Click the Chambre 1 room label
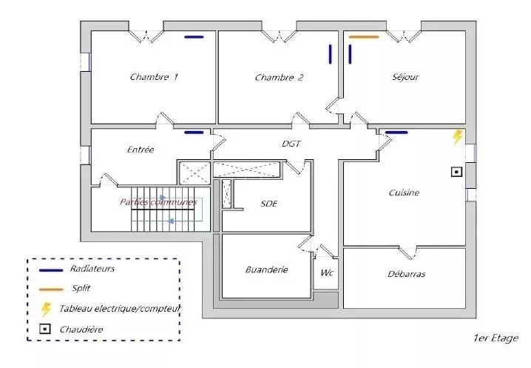tap(154, 77)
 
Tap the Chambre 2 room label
tap(279, 78)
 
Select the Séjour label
tap(405, 77)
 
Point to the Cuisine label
tap(404, 193)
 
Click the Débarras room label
tap(406, 274)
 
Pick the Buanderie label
tap(266, 270)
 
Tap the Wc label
tap(327, 272)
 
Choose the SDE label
tap(269, 204)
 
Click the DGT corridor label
tap(291, 144)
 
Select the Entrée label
tap(141, 150)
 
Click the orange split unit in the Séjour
tap(364, 37)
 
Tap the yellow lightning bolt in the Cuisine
tap(458, 137)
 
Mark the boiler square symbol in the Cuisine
tap(456, 172)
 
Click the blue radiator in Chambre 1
tap(194, 37)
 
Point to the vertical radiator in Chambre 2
tap(330, 54)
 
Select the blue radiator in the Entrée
tap(194, 133)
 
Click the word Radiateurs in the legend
tap(92, 269)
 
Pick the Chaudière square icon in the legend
tap(45, 329)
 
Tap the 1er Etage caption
tap(496, 338)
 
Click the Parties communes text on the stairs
tap(158, 202)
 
